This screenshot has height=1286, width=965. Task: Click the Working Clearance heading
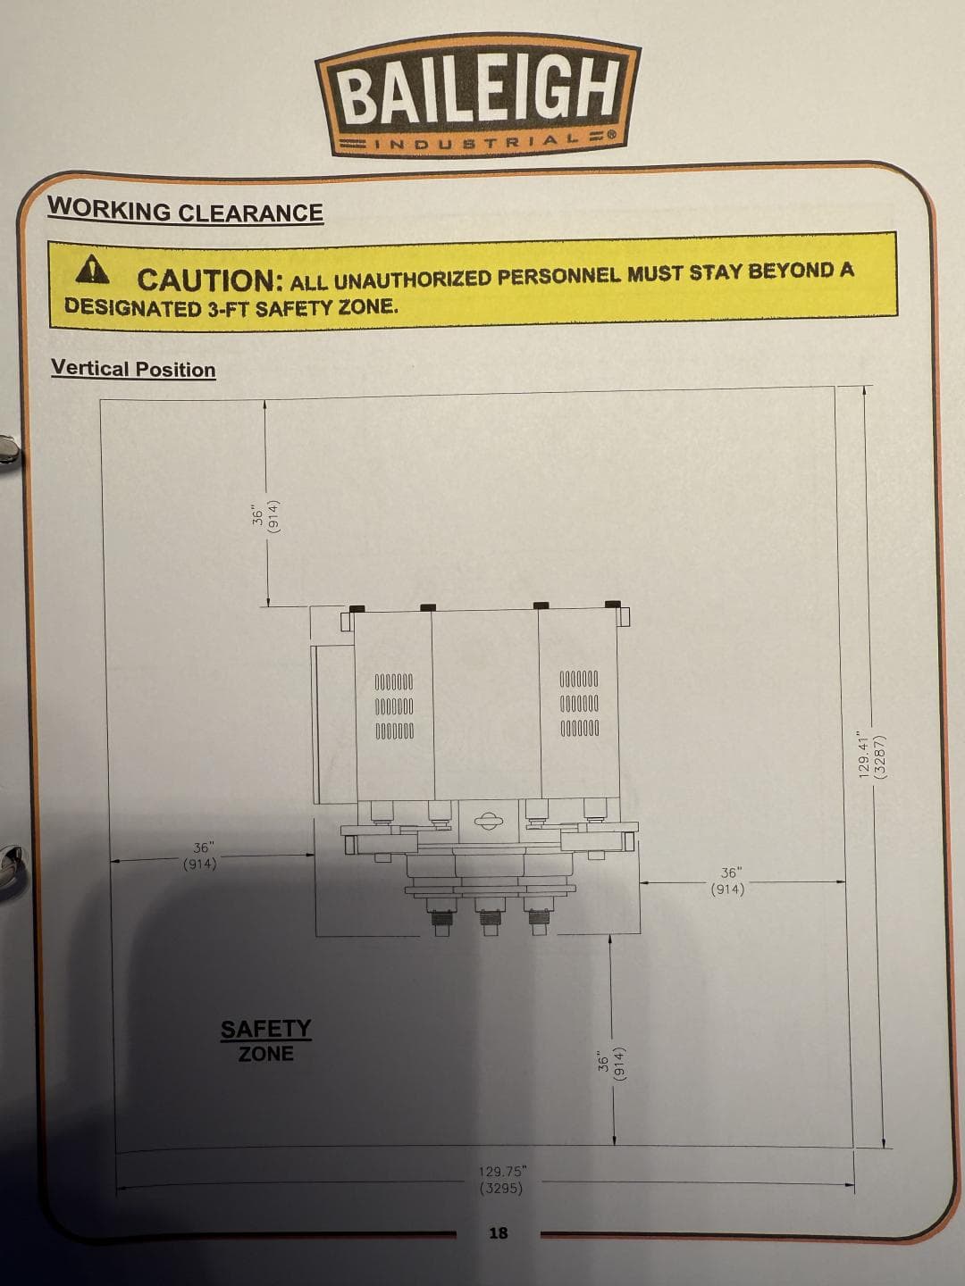(185, 211)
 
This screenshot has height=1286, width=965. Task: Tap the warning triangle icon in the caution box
(92, 269)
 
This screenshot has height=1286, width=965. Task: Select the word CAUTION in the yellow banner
(210, 280)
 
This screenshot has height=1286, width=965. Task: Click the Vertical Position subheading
(133, 369)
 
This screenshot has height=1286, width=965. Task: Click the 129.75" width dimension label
(502, 1179)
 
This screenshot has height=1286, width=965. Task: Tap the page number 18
(498, 1232)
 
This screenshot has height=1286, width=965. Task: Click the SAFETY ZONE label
(265, 1041)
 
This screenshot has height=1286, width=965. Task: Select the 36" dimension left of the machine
(201, 856)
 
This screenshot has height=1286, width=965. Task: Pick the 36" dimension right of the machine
(728, 881)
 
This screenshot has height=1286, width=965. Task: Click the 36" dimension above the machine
(266, 517)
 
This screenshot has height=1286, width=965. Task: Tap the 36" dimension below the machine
(612, 1063)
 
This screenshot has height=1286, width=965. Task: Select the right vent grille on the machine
(579, 704)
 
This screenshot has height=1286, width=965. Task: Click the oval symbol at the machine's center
(487, 821)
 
